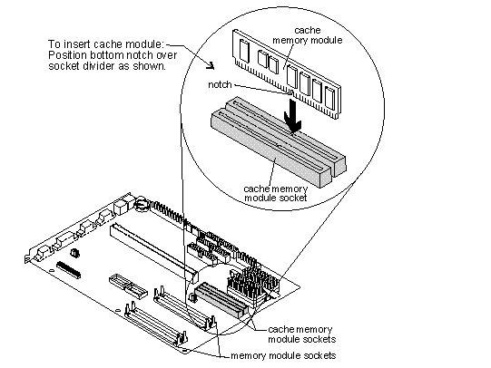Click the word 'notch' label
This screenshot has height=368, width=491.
(220, 84)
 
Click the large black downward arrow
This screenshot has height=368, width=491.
(292, 116)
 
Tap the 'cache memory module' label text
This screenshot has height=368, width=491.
(308, 35)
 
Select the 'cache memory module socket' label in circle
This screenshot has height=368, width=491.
(276, 193)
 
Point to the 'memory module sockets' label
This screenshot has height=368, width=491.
(283, 355)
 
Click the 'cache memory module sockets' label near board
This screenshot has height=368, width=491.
(301, 334)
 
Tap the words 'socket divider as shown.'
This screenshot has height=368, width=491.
(107, 66)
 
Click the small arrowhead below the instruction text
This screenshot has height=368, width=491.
(211, 65)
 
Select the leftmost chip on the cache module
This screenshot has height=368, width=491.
(243, 50)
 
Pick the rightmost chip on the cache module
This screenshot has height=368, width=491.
(329, 97)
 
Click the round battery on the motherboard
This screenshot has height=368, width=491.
(142, 203)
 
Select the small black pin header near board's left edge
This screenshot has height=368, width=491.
(68, 270)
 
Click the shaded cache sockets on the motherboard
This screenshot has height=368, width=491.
(221, 300)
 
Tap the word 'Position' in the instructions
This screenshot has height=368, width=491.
(67, 55)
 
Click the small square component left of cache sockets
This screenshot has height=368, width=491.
(193, 298)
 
